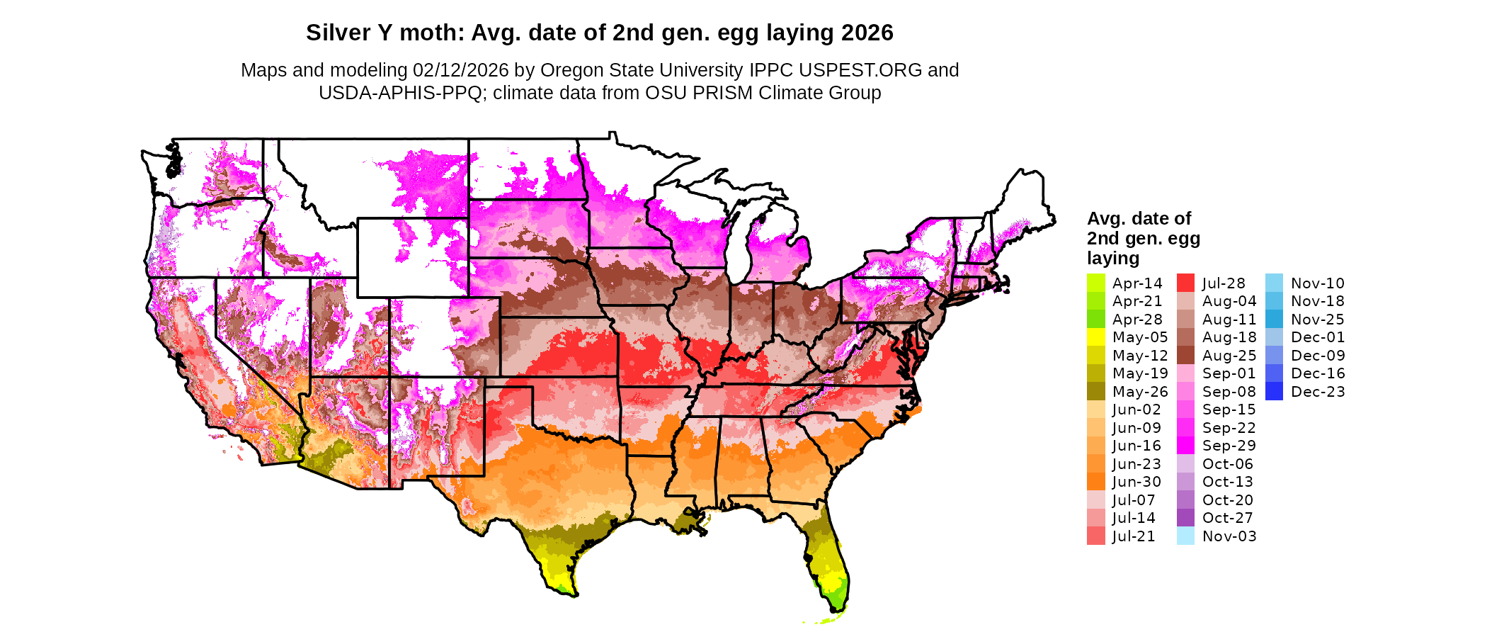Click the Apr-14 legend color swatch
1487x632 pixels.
point(1095,283)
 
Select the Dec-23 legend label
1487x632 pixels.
point(1318,392)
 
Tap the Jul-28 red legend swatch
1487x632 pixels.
point(1185,283)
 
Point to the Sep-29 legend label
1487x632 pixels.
point(1229,446)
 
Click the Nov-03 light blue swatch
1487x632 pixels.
point(1185,536)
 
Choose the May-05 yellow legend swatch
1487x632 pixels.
point(1095,337)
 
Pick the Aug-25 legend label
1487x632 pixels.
point(1229,356)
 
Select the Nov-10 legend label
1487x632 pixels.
point(1318,283)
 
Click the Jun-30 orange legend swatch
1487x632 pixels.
point(1095,482)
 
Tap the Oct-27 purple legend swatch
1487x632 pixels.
point(1185,518)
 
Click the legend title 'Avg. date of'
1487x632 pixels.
point(1139,218)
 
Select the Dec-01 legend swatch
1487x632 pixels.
point(1274,337)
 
